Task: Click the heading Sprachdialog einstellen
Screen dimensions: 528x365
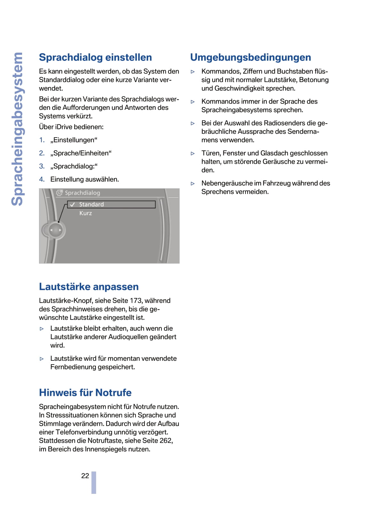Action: tap(95, 57)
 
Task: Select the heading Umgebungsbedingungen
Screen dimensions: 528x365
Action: tap(250, 57)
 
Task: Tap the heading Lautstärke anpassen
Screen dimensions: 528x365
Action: tap(89, 287)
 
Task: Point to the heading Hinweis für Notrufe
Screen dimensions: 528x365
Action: tap(85, 393)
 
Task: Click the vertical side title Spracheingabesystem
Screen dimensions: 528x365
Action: tap(17, 129)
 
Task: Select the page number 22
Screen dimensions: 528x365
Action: tap(85, 476)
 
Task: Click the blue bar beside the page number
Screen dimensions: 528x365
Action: tap(94, 482)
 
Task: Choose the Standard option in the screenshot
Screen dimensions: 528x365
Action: tap(91, 204)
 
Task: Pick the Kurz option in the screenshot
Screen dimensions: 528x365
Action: tap(86, 213)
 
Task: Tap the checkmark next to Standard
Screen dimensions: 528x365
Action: tap(73, 204)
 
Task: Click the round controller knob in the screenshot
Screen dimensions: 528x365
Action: tap(56, 230)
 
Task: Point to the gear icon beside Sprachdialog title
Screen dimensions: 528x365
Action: tap(59, 193)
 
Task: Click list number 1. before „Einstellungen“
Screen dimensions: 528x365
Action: tap(42, 140)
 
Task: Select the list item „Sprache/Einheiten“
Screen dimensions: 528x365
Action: tap(81, 153)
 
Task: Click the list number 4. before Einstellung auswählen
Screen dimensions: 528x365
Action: tap(42, 179)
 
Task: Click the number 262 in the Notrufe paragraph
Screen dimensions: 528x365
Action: tap(166, 441)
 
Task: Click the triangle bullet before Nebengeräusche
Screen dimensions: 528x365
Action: tap(193, 184)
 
